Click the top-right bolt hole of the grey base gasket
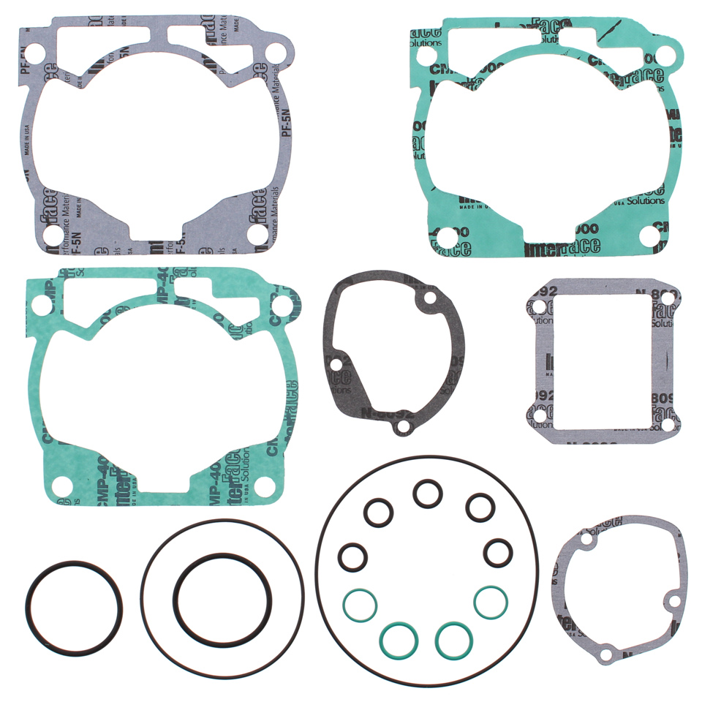(x=275, y=53)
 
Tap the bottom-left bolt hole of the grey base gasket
(x=51, y=235)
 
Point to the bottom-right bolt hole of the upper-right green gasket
(x=649, y=235)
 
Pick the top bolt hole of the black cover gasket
(x=429, y=298)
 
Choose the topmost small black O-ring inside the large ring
(x=426, y=493)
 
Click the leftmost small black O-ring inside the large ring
(x=352, y=557)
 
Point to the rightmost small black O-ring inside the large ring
(x=498, y=553)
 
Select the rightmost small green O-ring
(x=491, y=601)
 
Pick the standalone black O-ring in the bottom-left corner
(x=74, y=608)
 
